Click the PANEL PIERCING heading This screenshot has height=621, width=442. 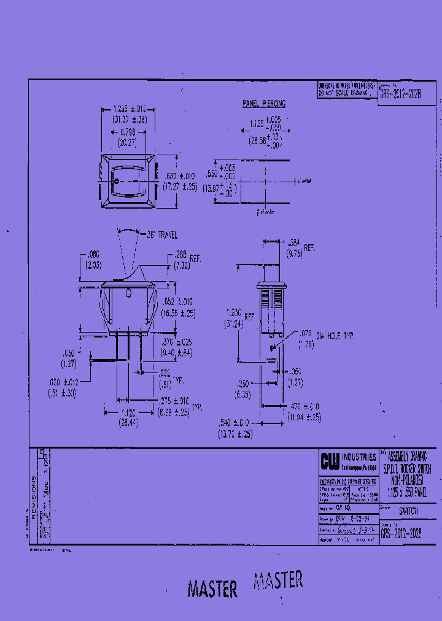[x=264, y=104]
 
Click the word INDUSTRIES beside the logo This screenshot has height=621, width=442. [x=359, y=457]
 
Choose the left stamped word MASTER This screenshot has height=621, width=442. [x=212, y=589]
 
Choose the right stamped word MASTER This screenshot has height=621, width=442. [x=278, y=580]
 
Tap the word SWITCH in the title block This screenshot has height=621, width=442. [x=408, y=511]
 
